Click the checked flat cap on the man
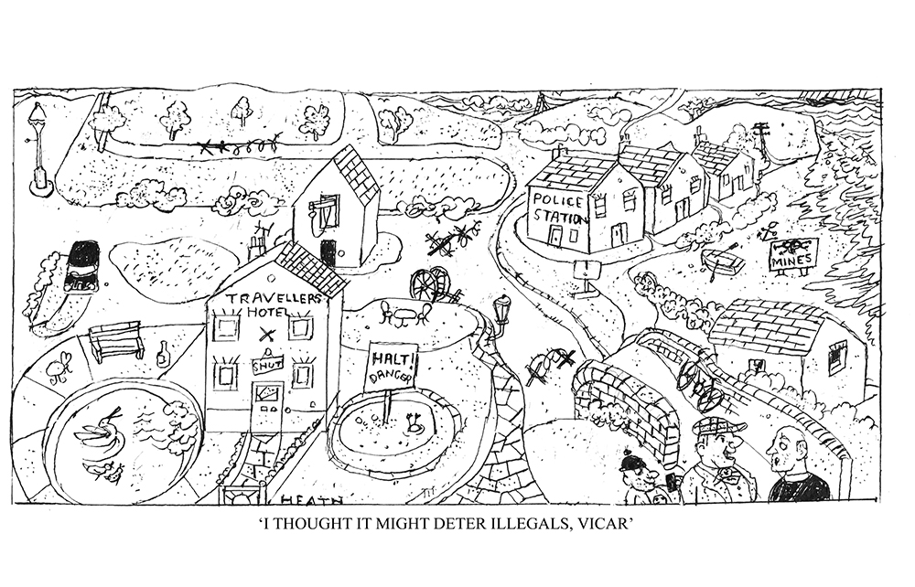click(716, 426)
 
